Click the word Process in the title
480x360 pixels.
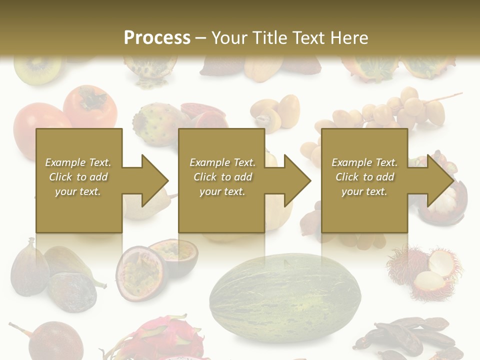157,37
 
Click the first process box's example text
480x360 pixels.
78,177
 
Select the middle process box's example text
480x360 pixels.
222,177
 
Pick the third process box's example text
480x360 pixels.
364,177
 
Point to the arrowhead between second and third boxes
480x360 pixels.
296,180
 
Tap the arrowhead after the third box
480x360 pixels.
439,180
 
